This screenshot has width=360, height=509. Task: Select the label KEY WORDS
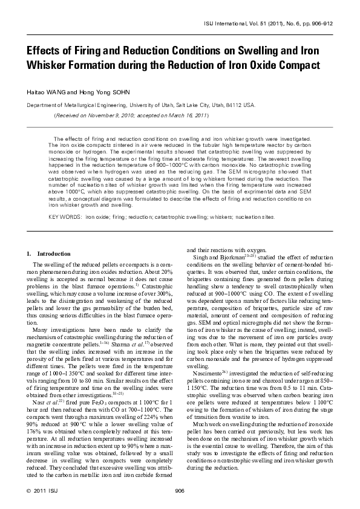point(65,216)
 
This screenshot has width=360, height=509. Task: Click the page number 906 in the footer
point(180,490)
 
